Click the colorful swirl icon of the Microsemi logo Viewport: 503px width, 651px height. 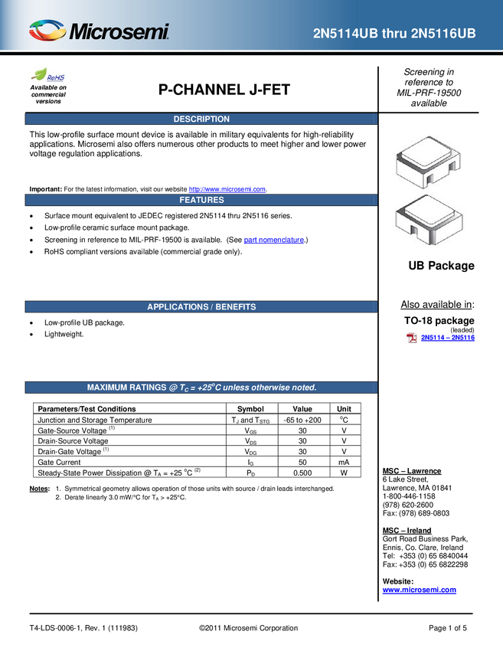(x=47, y=31)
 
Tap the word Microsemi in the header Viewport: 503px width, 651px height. (x=119, y=32)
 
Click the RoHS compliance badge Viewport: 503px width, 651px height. (x=48, y=75)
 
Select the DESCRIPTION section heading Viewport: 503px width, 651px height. (x=201, y=119)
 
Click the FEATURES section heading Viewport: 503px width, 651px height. (x=201, y=200)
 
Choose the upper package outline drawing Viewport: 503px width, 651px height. (x=427, y=160)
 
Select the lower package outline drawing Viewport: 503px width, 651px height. (x=427, y=221)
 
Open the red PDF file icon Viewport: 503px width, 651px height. (x=411, y=338)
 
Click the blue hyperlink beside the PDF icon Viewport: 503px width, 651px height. (x=448, y=338)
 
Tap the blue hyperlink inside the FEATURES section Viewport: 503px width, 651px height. (x=273, y=240)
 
